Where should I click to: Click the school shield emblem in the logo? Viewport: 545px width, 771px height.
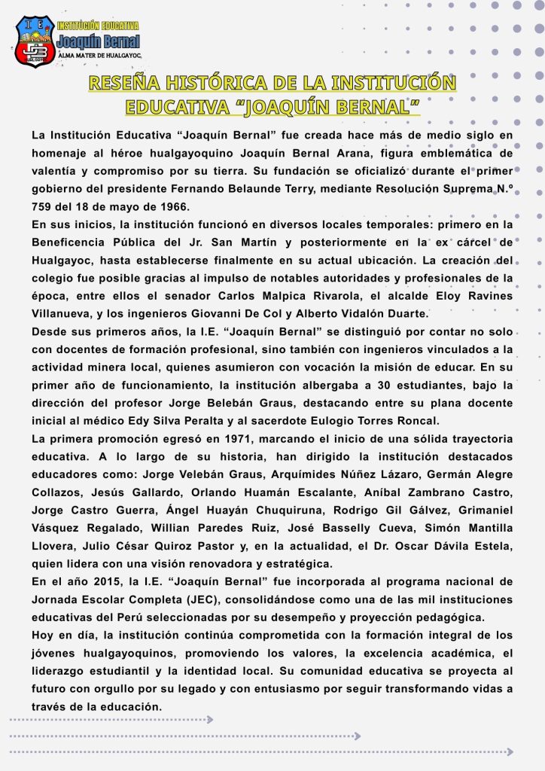[x=35, y=41]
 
